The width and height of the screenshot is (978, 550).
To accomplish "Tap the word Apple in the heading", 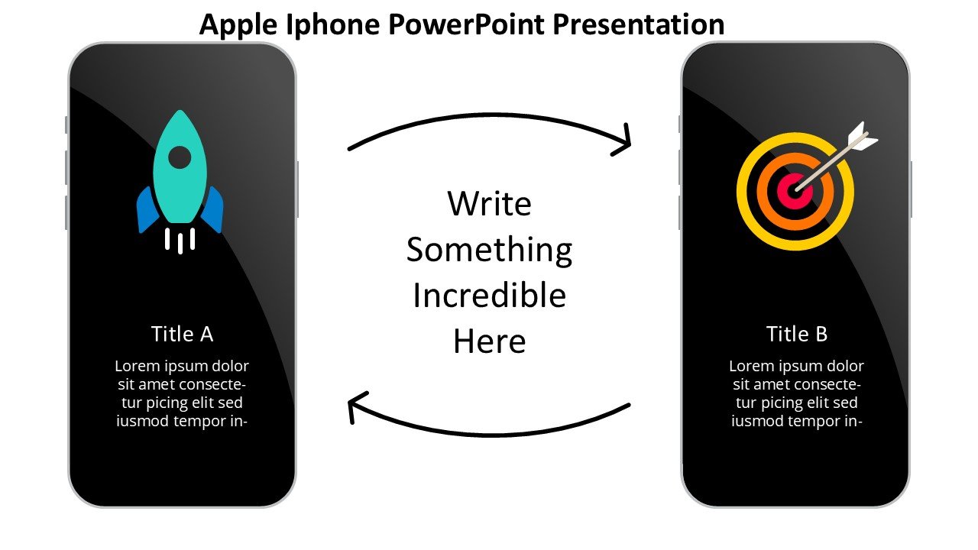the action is (x=238, y=25).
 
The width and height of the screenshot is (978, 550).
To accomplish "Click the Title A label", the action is (x=182, y=334).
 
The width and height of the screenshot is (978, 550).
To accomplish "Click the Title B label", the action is (x=796, y=334).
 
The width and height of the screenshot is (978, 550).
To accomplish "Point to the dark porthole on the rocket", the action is (x=180, y=157).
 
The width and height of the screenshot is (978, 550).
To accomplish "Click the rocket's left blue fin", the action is (x=147, y=209).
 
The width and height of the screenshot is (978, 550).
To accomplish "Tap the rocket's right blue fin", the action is (x=212, y=209).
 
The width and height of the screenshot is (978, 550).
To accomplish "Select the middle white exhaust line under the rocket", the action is (x=180, y=243).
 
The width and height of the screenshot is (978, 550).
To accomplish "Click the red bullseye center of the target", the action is (x=795, y=191).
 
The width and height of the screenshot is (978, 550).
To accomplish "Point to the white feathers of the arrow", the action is (x=862, y=137).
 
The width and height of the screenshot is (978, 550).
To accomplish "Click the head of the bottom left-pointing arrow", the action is (x=357, y=406).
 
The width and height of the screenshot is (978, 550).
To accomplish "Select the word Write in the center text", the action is (x=489, y=204).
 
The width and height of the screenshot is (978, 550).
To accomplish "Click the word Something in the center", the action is (x=489, y=250).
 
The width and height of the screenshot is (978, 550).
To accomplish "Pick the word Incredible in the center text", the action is (x=489, y=296).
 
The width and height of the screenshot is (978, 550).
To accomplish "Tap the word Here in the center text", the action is (x=489, y=341).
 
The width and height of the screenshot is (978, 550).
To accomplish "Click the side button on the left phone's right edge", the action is (x=297, y=189).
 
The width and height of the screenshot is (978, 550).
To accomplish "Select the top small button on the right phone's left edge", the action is (x=679, y=125).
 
